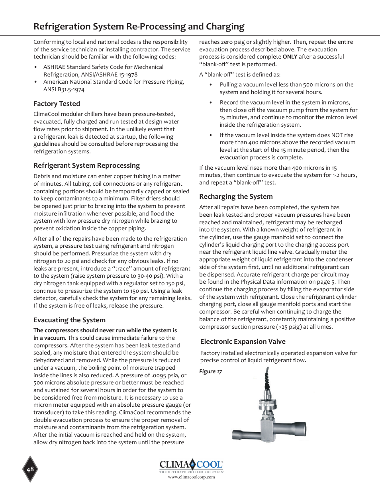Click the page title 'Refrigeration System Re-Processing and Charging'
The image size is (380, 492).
tap(139, 27)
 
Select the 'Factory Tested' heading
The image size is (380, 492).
tap(57, 104)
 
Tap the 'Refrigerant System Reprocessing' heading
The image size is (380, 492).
tap(86, 166)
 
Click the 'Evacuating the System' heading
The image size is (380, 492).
tap(69, 320)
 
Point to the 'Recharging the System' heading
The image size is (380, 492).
tap(236, 197)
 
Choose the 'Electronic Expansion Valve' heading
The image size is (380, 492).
tap(243, 342)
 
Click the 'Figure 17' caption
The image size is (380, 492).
tap(210, 372)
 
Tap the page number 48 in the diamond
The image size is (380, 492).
tap(30, 469)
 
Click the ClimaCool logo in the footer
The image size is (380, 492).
tap(191, 465)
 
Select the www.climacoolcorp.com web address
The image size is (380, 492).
tap(191, 477)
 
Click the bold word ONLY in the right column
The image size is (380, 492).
tap(290, 57)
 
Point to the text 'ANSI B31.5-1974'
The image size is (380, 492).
tap(64, 90)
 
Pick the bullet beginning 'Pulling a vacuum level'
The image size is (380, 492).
tap(286, 88)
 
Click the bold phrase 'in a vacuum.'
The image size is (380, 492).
tap(50, 338)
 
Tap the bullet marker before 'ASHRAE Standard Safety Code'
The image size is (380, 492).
tap(36, 67)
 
